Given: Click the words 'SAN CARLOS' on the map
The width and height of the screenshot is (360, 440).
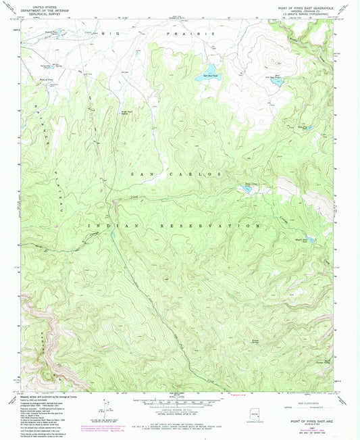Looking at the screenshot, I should [175, 174].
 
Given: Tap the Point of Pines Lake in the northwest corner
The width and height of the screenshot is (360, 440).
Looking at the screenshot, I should [55, 32].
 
